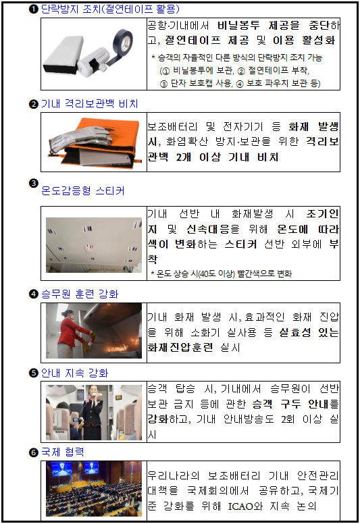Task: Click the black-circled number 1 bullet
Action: click(33, 9)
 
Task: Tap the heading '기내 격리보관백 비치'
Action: click(90, 103)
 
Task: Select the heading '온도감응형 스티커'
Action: click(83, 191)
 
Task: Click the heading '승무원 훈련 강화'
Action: click(80, 294)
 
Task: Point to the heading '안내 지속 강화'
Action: click(75, 373)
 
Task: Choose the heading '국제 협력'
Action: click(63, 452)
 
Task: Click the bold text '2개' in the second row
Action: click(184, 157)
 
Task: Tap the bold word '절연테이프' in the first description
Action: click(192, 41)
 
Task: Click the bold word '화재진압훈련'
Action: click(180, 348)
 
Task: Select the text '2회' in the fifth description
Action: click(288, 419)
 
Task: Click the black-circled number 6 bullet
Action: click(33, 452)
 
